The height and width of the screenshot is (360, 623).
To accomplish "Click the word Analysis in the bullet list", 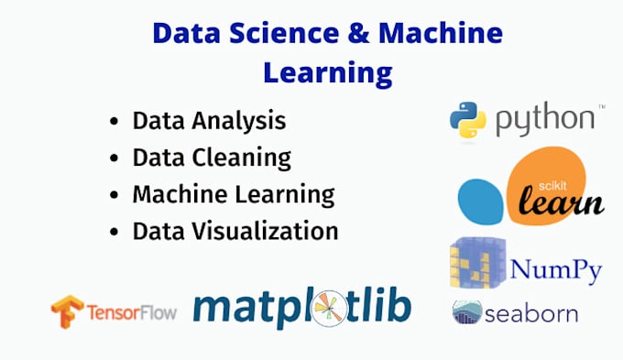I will pos(241,121).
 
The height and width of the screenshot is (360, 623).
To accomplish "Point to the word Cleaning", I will pos(245,158).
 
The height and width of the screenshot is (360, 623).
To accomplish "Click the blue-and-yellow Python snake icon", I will pos(467,120).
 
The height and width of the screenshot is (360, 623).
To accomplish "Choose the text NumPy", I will pos(555,270).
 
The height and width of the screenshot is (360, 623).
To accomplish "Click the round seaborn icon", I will pos(467,312).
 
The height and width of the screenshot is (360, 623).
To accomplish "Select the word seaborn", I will pos(532,313).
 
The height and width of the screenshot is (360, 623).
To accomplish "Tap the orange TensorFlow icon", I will pos(67,312).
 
